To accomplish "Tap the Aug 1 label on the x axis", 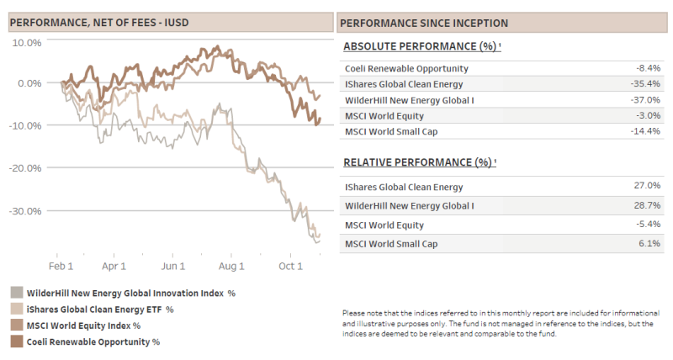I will [x=231, y=266].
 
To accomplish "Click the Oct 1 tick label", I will [x=290, y=266].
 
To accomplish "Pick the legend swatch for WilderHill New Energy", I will [x=17, y=293].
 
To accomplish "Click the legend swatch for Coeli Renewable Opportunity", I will [x=17, y=341].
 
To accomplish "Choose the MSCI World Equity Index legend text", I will [x=83, y=325].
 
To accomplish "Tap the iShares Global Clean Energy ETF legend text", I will [x=100, y=309].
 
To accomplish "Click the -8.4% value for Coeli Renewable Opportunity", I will [x=649, y=68].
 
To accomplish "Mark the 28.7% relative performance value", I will [x=649, y=205].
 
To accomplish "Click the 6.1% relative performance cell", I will [x=651, y=242].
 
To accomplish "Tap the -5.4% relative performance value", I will [x=649, y=225].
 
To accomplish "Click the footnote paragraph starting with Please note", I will [x=502, y=323].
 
